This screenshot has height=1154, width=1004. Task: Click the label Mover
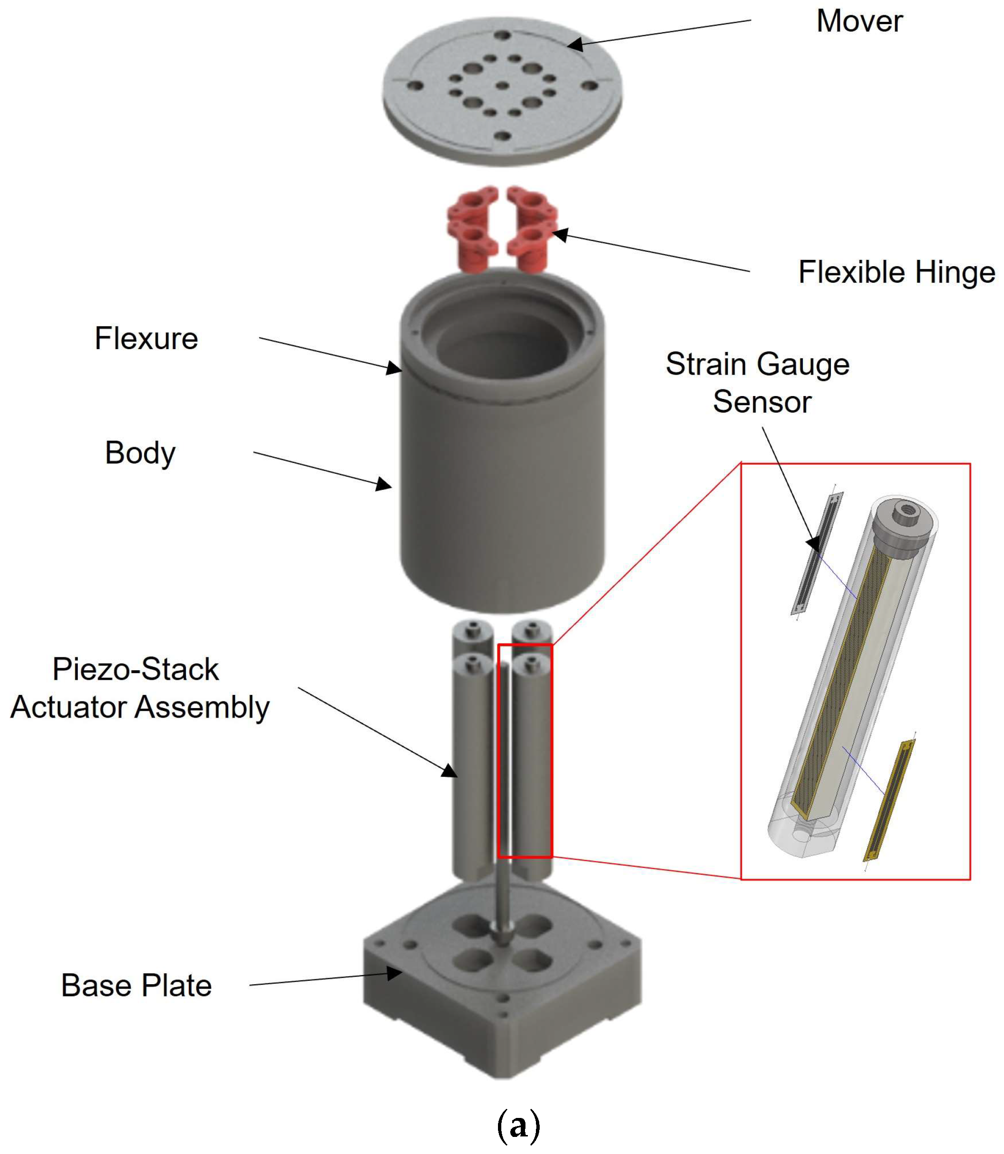(859, 21)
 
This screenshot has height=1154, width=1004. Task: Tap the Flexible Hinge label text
(896, 272)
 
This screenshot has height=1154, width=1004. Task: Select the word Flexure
(146, 338)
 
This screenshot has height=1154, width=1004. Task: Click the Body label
(140, 452)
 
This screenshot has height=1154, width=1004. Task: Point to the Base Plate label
(136, 985)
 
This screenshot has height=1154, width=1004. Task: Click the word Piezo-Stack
(136, 669)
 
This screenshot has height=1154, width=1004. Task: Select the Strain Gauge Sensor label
(757, 383)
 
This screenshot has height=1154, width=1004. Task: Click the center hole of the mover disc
(503, 86)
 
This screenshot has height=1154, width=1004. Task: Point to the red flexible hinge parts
(501, 230)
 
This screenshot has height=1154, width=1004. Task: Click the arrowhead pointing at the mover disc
(576, 44)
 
